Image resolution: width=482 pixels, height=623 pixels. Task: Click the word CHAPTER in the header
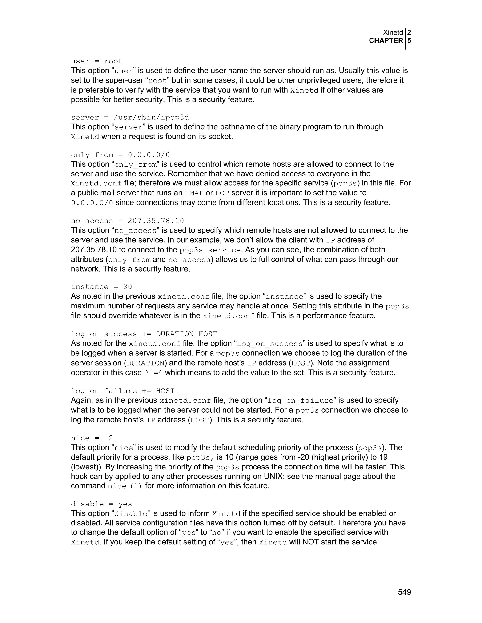[x=386, y=41]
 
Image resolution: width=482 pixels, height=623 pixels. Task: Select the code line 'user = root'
[x=96, y=61]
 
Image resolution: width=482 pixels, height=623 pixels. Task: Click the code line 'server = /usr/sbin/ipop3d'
[x=130, y=118]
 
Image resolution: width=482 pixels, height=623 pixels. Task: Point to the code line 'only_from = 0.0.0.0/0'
[x=120, y=155]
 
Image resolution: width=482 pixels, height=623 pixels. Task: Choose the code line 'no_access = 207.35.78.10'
[x=127, y=221]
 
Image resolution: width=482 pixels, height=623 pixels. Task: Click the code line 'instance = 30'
[x=101, y=287]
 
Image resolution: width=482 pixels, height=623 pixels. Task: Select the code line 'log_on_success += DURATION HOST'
[x=144, y=334]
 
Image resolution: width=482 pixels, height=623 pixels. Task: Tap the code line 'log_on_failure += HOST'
[x=123, y=391]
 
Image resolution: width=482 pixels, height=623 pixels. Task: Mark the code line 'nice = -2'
[x=92, y=438]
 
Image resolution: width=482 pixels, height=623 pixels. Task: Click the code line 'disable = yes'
[x=101, y=504]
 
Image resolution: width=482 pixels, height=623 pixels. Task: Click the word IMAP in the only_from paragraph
[x=194, y=193]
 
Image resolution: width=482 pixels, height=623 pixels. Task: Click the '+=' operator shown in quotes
[x=154, y=373]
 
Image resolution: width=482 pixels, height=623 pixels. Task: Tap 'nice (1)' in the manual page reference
[x=125, y=486]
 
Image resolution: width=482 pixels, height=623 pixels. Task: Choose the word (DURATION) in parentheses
[x=145, y=363]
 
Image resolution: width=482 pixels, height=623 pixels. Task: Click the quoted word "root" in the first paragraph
[x=158, y=81]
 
